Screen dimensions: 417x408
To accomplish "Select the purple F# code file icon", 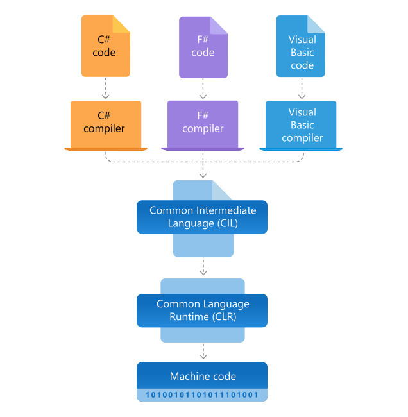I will coord(203,46).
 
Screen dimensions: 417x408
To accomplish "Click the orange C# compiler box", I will coord(106,123).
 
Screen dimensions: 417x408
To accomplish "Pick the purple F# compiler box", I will coord(203,123).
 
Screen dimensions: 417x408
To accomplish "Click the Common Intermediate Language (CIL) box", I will coord(203,217).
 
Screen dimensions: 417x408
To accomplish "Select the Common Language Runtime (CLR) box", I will coord(203,310).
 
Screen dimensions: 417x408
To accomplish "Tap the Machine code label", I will coord(203,376).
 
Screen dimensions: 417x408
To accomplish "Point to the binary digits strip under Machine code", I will coord(203,395).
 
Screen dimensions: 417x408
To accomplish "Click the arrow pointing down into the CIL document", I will coord(203,170).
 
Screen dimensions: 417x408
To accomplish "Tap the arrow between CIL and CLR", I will coord(203,266).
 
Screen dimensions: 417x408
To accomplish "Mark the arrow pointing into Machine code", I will coord(203,352).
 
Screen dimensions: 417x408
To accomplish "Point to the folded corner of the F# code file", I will coord(219,24).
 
